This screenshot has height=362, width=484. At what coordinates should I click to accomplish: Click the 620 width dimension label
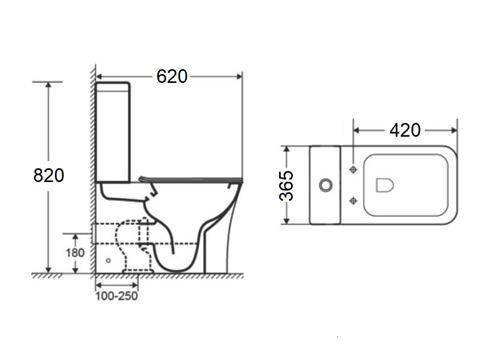click(x=172, y=76)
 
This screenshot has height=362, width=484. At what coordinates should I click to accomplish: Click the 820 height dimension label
click(x=48, y=176)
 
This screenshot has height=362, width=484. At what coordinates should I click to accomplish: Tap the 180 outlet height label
click(x=75, y=252)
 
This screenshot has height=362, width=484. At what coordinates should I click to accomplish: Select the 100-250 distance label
click(x=117, y=296)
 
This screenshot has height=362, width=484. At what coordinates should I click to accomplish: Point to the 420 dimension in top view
click(x=405, y=130)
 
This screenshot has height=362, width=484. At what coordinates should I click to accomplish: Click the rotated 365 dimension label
click(x=287, y=186)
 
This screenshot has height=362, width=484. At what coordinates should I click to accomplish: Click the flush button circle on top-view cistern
click(x=325, y=185)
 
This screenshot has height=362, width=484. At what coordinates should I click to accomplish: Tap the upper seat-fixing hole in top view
click(x=353, y=170)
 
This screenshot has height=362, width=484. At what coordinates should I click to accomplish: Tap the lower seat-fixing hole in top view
click(x=353, y=200)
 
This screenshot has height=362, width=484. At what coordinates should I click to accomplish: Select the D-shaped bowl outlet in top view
click(x=384, y=185)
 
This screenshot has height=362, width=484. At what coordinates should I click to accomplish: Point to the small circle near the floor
click(x=108, y=261)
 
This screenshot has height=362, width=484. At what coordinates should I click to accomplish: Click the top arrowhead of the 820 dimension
click(x=49, y=85)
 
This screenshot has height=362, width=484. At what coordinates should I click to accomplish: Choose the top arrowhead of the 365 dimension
click(x=286, y=149)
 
